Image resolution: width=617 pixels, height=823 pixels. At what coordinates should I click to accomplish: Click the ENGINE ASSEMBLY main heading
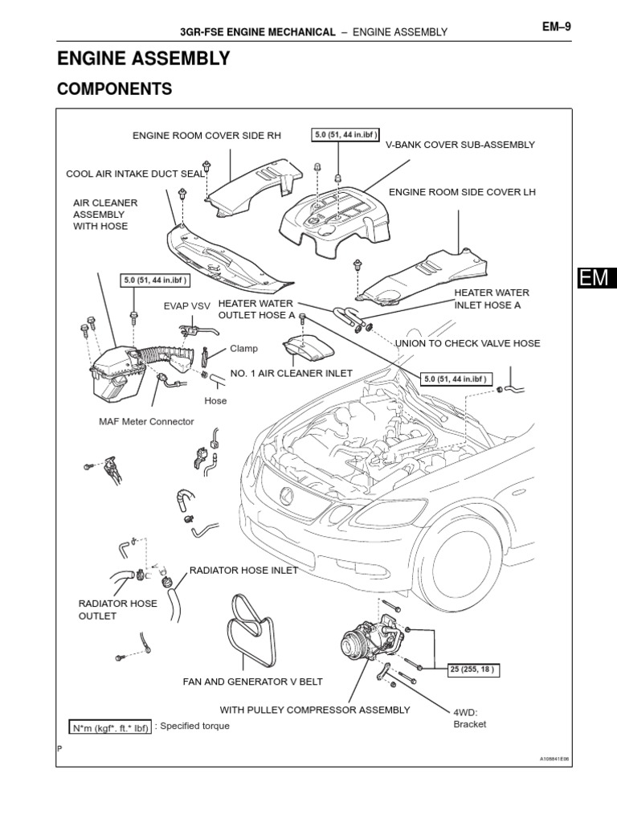click(143, 59)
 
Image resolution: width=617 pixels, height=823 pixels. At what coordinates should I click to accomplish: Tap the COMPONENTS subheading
click(114, 89)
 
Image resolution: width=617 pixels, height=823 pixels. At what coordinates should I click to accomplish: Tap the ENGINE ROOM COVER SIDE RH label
click(206, 135)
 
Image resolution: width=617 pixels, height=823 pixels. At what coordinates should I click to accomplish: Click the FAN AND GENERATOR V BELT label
click(252, 682)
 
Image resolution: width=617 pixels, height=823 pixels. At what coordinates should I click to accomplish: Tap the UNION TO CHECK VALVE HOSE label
click(468, 343)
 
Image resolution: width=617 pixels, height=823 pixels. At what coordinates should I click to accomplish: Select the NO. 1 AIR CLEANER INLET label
click(292, 374)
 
